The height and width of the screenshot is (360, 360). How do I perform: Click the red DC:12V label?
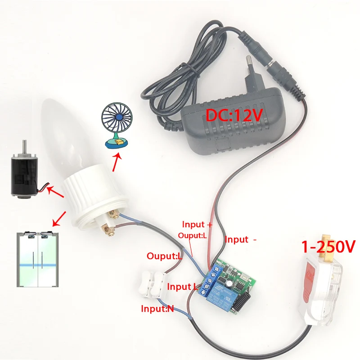(x=234, y=115)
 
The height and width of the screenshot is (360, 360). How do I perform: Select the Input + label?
(x=197, y=224)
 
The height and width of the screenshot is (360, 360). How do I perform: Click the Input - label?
(x=241, y=240)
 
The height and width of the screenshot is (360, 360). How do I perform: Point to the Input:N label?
(x=157, y=309)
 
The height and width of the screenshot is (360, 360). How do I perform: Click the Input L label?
(x=182, y=287)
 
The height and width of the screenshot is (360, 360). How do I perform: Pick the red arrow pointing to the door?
(x=58, y=220)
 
